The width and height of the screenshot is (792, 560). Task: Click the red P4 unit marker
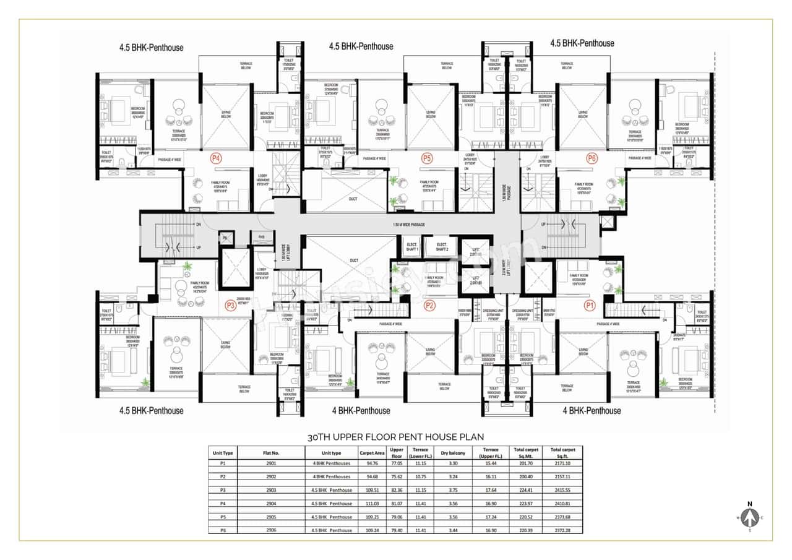216,158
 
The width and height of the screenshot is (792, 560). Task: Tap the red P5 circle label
426,158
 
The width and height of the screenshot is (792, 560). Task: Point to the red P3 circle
230,304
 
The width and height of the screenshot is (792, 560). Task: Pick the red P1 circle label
589,304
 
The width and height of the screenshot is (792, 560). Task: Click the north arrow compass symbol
749,516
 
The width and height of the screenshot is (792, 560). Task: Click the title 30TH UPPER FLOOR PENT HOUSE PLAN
396,437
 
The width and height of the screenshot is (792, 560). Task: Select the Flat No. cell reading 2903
272,490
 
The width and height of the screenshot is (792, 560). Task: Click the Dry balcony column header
453,452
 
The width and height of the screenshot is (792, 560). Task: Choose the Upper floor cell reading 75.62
397,476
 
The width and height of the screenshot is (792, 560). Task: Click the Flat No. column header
272,452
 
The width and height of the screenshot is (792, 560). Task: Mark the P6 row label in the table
223,530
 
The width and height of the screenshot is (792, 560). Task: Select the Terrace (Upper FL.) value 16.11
491,476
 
